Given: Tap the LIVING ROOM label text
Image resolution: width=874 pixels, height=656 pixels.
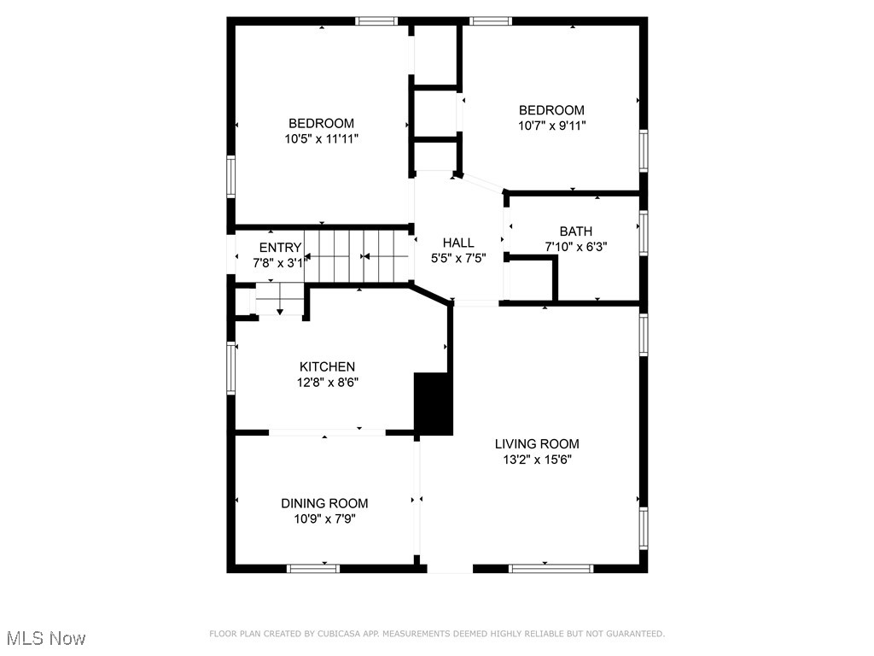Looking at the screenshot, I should [537, 444].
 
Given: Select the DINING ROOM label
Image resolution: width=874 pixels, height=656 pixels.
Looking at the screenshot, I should [324, 503].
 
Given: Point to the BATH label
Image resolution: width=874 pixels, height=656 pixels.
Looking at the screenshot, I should [575, 231].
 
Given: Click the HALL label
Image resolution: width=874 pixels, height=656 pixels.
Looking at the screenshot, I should [457, 243].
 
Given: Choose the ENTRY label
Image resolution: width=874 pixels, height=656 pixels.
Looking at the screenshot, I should [280, 248].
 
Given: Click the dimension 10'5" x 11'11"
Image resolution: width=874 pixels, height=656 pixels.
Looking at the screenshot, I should [321, 138].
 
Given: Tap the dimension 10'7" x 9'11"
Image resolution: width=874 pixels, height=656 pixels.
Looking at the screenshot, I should [551, 126].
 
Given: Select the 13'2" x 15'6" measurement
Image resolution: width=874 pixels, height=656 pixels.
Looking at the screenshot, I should [537, 460].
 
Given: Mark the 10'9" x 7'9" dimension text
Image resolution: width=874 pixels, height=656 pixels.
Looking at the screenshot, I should [324, 518].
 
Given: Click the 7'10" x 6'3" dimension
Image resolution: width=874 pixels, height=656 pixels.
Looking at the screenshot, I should [575, 247].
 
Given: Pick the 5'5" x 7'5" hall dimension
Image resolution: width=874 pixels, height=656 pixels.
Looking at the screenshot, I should [457, 258].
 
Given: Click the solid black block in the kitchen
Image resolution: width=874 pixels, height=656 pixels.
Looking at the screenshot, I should [433, 404].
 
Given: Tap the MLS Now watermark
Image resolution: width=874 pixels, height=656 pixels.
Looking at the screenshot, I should [45, 638].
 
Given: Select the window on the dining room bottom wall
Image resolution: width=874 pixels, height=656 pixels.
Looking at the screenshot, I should [313, 568].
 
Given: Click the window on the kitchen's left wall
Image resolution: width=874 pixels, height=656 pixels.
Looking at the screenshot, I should [230, 368].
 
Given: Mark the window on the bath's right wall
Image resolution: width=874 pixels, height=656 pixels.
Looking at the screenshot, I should [644, 232].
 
